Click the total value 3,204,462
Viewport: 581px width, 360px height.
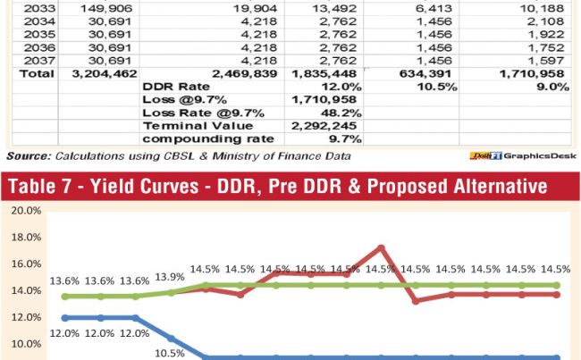click(x=93, y=74)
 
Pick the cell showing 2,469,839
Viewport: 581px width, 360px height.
click(x=237, y=74)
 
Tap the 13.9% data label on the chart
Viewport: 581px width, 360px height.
click(x=170, y=279)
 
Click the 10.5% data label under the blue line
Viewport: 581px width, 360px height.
click(x=170, y=353)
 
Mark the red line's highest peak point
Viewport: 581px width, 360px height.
click(x=382, y=247)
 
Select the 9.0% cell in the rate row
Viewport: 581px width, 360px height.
click(x=552, y=87)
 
